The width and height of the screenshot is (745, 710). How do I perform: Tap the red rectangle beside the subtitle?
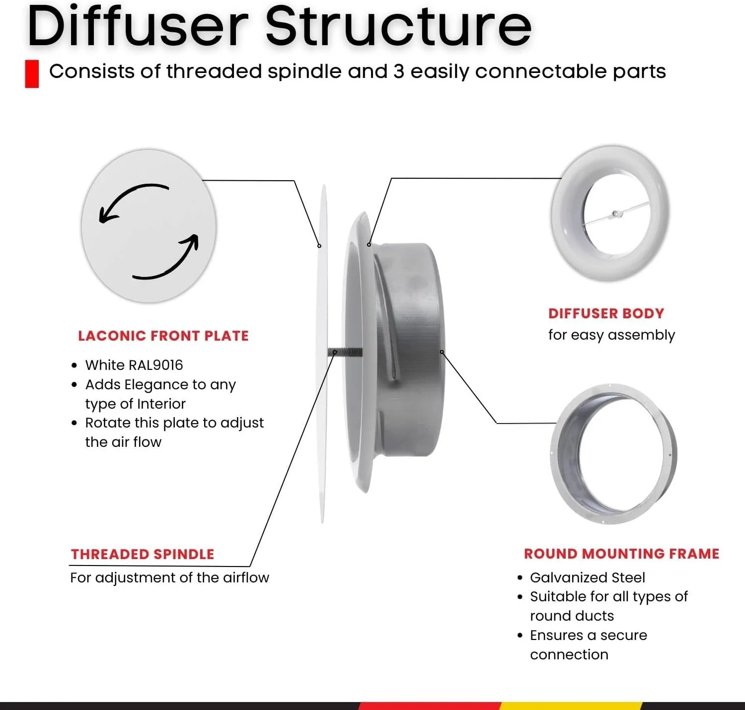tap(32, 74)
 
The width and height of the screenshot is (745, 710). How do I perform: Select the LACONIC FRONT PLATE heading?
tap(163, 336)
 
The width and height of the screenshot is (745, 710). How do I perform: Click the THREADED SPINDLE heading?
tap(143, 555)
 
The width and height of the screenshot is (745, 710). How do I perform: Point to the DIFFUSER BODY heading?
tap(606, 314)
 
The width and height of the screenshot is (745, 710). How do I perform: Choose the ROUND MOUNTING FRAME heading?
tap(621, 554)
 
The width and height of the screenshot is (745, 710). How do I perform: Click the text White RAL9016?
tap(134, 365)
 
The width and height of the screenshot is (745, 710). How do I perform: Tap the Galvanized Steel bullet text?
tap(588, 578)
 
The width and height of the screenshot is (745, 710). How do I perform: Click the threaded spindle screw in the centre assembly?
tap(345, 353)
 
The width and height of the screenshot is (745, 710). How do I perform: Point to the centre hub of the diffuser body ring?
tap(615, 214)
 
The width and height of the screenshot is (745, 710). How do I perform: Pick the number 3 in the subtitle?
tap(399, 71)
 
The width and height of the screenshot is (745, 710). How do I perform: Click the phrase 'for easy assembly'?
tap(611, 335)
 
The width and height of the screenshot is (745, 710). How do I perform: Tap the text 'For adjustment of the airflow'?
tap(169, 578)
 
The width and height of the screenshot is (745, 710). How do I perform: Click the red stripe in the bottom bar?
tap(430, 706)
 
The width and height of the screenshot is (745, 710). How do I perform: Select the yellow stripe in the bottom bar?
tap(571, 706)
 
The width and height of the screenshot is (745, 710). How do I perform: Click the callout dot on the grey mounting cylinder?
tap(442, 352)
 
